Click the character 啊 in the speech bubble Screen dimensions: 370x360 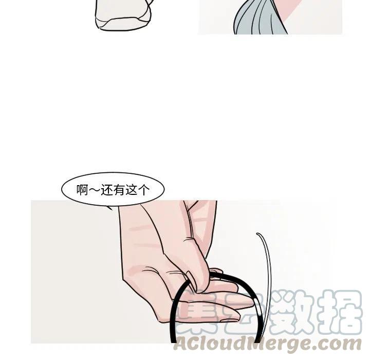(82, 190)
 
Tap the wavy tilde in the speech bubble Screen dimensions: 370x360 (95, 190)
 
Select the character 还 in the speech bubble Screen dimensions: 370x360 (107, 190)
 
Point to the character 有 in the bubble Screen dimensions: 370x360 (119, 190)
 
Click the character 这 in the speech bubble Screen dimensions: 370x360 (131, 190)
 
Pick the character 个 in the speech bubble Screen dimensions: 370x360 (143, 190)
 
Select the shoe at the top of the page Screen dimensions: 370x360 (123, 15)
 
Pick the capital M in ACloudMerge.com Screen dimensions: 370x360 (264, 344)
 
